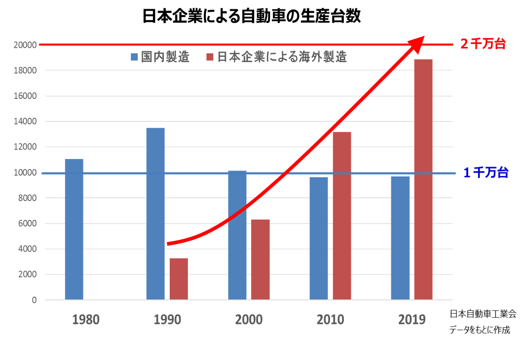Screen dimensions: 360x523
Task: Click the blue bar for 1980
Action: coord(74,229)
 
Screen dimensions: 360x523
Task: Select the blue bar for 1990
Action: coord(155,214)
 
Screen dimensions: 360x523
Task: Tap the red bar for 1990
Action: coord(179,279)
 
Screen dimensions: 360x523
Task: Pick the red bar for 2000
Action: coord(260,260)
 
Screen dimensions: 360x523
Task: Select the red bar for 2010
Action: coord(342,216)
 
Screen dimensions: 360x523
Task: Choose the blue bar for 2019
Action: coord(400,238)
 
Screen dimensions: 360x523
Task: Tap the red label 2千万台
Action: coord(483,44)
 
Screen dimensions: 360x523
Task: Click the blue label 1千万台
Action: coord(486,173)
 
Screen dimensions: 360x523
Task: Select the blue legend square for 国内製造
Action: coord(134,57)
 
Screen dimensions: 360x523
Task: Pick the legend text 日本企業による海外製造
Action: coord(282,57)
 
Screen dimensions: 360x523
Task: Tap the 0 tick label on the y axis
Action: coord(34,300)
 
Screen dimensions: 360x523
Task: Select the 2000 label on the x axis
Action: coord(249,320)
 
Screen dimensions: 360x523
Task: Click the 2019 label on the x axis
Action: coord(412,320)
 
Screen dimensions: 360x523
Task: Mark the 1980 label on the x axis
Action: coord(86,320)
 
